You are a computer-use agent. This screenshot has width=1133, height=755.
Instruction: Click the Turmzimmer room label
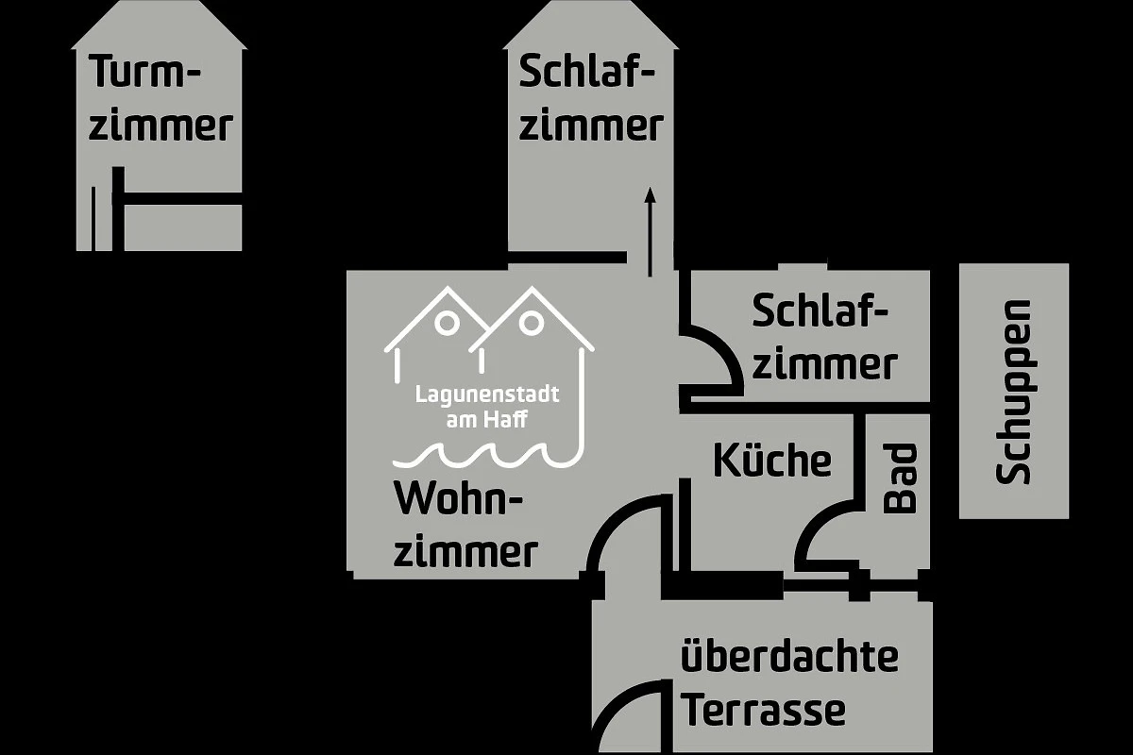[161, 98]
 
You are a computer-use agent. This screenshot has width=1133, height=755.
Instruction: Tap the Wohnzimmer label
[465, 525]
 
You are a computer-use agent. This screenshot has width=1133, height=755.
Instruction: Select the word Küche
[771, 461]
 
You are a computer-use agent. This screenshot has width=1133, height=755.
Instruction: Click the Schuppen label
[1014, 392]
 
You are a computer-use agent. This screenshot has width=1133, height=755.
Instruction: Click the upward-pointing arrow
[650, 230]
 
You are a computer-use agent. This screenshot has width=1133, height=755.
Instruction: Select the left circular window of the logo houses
[448, 323]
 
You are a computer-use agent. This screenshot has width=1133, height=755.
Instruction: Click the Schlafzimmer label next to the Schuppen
[822, 337]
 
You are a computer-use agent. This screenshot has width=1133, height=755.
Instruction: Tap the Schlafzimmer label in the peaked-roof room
[589, 98]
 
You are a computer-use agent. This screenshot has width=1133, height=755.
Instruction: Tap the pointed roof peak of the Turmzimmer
[160, 8]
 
